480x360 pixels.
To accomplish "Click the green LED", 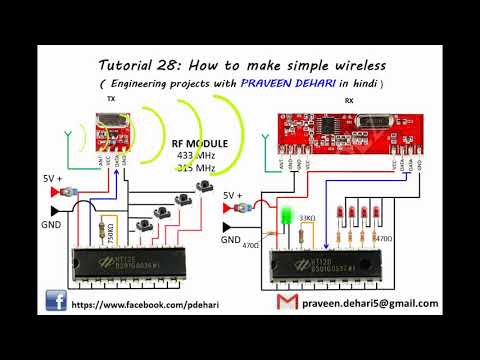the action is coord(285,214).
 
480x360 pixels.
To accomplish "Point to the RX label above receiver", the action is coord(348,101).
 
